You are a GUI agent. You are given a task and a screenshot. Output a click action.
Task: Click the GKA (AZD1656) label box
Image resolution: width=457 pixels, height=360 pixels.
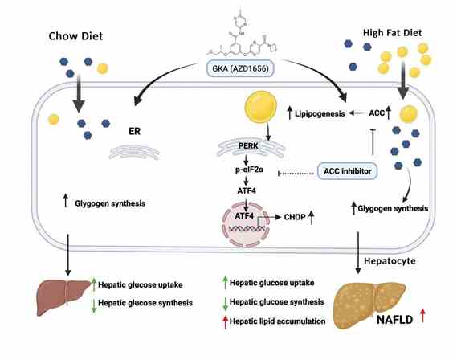(x=240, y=68)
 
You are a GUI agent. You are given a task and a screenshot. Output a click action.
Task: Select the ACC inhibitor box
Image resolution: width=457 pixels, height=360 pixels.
(x=348, y=171)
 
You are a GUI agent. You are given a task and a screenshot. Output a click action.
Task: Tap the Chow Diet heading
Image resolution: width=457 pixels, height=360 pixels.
(x=75, y=36)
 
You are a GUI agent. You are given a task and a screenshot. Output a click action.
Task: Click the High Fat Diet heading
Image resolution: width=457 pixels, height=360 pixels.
(x=392, y=33)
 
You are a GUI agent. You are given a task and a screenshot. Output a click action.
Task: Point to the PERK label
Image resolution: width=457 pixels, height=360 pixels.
(x=248, y=145)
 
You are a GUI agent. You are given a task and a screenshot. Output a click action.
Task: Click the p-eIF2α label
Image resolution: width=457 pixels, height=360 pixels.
(x=250, y=170)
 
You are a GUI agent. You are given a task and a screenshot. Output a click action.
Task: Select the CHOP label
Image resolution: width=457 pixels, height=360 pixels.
(x=295, y=217)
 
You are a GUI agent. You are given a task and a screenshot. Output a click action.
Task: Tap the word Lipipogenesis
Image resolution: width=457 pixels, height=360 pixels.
(x=320, y=113)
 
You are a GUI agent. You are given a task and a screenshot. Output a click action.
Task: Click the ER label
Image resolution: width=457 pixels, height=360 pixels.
(x=134, y=132)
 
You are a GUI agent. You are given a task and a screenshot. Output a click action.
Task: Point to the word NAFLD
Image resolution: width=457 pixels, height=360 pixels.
(x=394, y=320)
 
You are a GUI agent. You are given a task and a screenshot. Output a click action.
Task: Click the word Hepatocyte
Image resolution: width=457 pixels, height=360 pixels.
(x=390, y=260)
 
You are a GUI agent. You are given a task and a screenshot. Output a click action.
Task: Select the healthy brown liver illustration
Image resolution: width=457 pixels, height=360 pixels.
(x=63, y=297)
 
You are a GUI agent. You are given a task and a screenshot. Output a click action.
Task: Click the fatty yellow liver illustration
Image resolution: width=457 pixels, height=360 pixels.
(x=369, y=305)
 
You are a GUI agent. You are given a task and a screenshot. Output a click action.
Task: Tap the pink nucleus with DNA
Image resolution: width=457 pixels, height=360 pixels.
(x=246, y=225)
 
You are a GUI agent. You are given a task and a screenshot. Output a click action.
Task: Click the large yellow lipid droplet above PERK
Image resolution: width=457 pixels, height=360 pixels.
(x=261, y=107)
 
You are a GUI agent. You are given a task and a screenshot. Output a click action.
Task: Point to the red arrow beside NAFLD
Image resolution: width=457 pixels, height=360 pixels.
(x=423, y=316)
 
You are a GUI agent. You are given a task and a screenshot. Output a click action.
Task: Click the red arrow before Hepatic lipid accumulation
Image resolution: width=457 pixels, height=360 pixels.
(x=225, y=322)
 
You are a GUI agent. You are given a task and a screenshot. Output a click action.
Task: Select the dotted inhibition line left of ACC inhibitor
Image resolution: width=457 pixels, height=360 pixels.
(x=296, y=174)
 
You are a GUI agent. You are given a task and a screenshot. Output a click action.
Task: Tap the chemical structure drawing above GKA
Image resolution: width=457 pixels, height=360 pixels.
(x=242, y=35)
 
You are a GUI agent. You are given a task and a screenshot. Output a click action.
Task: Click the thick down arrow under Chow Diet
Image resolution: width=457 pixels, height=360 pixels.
(x=79, y=93)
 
